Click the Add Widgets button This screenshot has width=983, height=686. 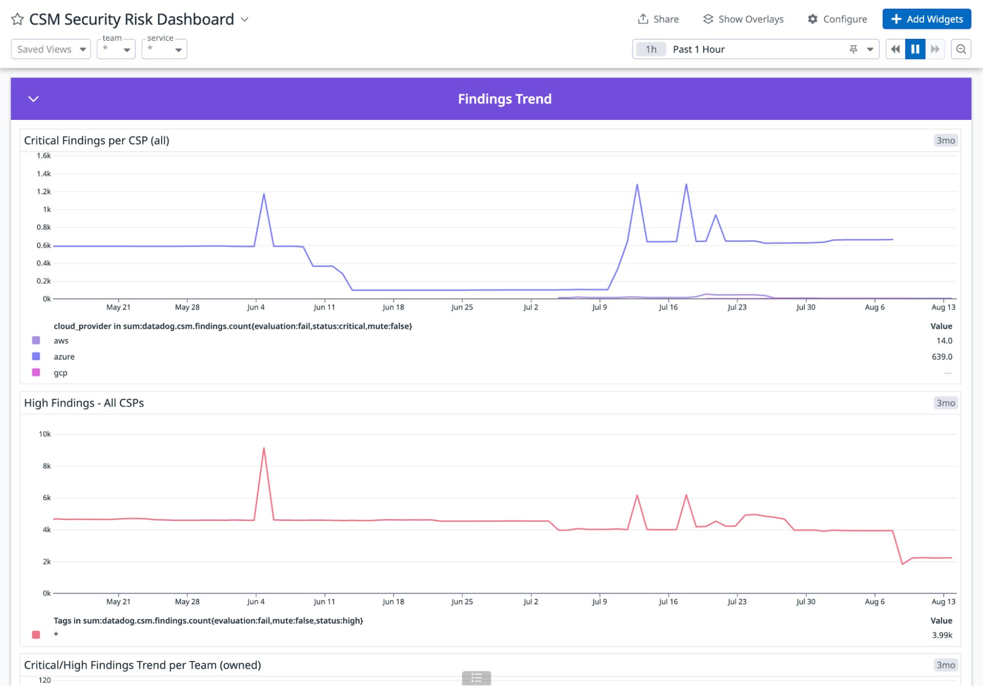click(926, 19)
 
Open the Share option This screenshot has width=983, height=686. click(658, 19)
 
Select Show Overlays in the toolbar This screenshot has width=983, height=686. click(743, 19)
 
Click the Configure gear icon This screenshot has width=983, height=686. click(813, 19)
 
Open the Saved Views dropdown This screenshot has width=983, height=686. click(51, 49)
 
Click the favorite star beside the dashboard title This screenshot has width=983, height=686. click(17, 19)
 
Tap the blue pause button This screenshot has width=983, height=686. click(915, 49)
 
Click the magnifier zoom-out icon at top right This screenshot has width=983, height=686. click(961, 49)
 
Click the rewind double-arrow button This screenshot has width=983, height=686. click(895, 49)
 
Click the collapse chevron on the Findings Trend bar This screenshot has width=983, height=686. click(33, 99)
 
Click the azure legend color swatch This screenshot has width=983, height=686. click(36, 356)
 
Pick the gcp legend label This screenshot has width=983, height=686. click(60, 373)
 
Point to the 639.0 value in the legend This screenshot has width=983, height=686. click(942, 357)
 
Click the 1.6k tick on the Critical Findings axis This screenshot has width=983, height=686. click(44, 156)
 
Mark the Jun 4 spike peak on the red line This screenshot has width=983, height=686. click(264, 448)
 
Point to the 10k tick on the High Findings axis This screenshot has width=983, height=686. click(45, 434)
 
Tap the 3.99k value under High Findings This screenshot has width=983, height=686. click(942, 635)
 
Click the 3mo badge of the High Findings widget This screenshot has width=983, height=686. click(945, 403)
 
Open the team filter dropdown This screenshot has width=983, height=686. click(116, 49)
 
